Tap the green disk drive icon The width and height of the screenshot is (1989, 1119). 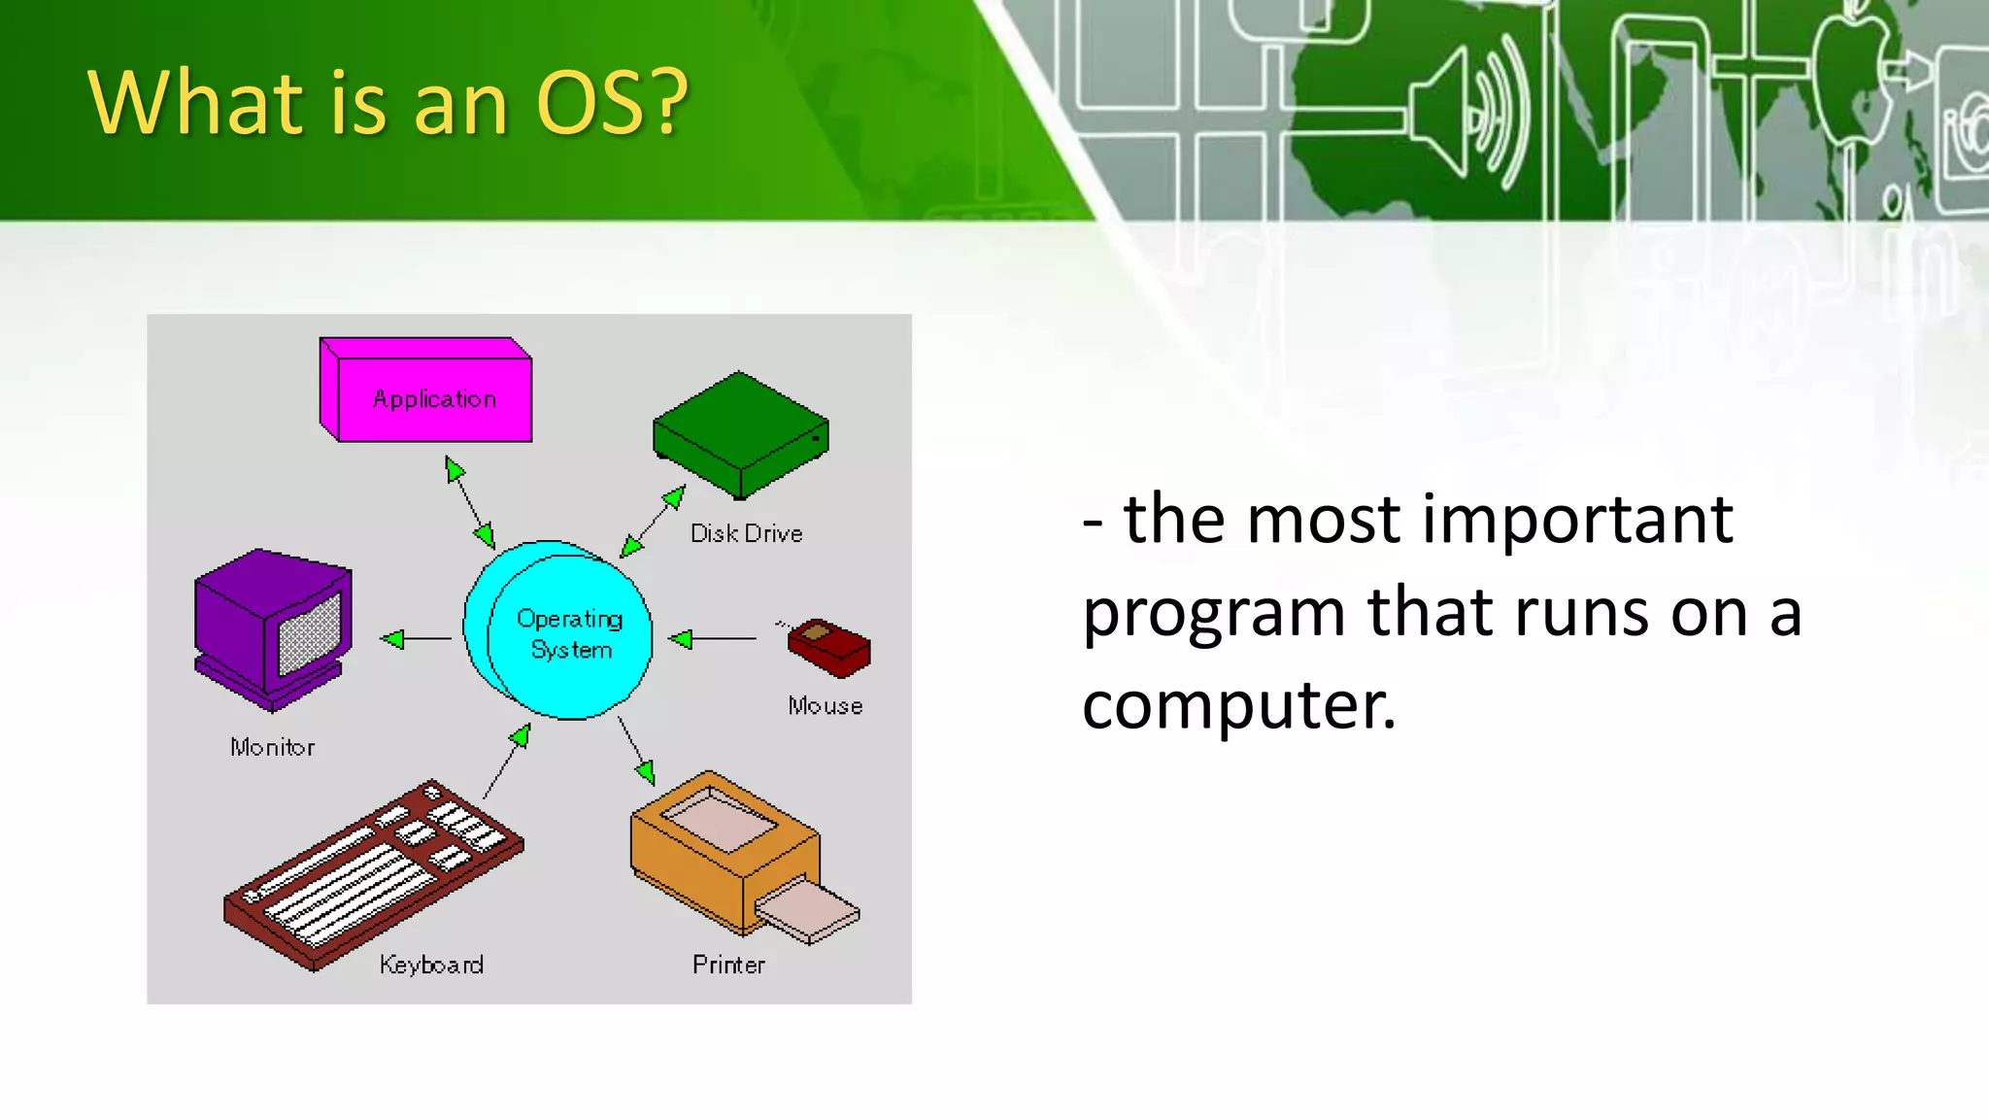click(740, 435)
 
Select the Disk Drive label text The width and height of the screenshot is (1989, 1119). click(746, 533)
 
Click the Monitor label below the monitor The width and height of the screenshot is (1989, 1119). click(272, 747)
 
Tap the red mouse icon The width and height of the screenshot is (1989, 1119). click(828, 648)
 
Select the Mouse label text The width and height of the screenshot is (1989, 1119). click(825, 706)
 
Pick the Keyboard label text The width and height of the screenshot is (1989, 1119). click(431, 965)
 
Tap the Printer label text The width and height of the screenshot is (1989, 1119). click(728, 965)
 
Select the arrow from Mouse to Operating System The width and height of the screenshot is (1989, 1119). click(714, 639)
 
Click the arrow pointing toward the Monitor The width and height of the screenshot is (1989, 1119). click(416, 639)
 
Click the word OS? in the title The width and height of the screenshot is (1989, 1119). click(611, 103)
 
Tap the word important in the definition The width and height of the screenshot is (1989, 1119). click(1576, 520)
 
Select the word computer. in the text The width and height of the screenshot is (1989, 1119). click(1238, 705)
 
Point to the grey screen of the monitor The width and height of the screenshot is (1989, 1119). click(310, 633)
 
